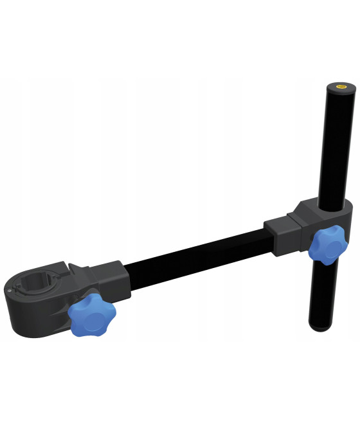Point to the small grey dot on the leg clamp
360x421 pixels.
[x=11, y=291]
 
